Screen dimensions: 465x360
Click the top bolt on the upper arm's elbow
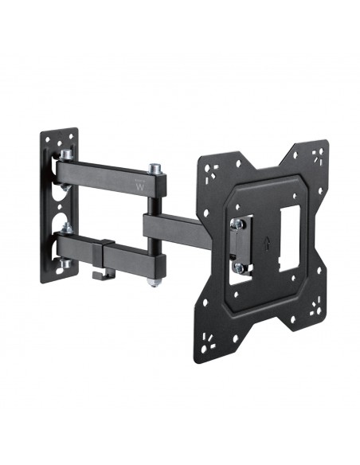(154, 170)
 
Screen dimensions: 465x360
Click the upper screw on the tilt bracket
(237, 225)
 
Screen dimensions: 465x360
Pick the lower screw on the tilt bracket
(237, 267)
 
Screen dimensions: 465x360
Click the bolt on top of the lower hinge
(67, 229)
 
